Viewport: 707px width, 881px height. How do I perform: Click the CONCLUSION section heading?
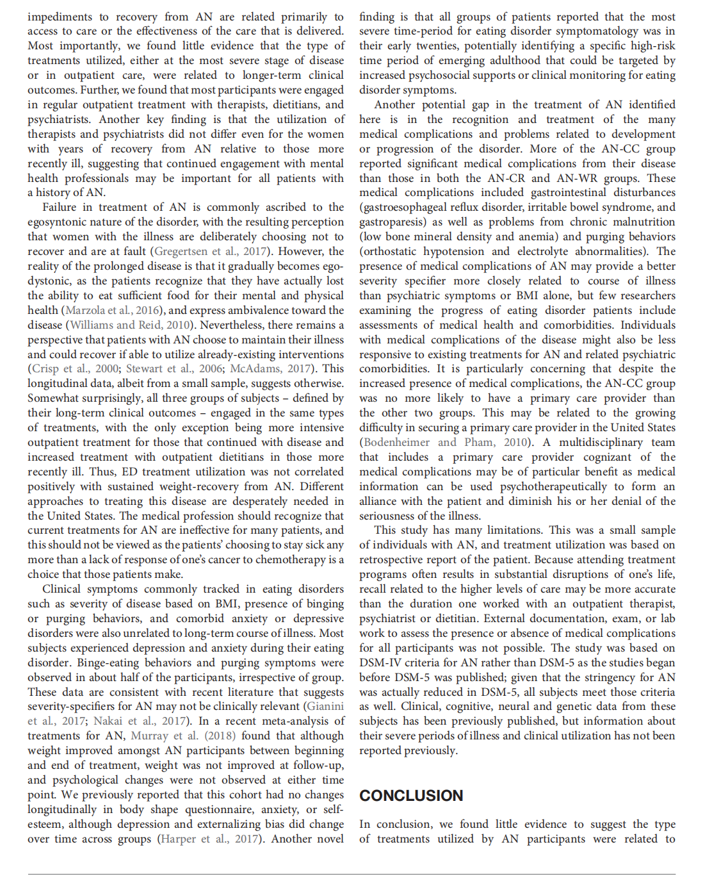pyautogui.click(x=411, y=795)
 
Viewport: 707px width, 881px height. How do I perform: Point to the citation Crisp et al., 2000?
pyautogui.click(x=75, y=368)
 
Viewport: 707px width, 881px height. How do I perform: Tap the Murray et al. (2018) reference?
pyautogui.click(x=174, y=736)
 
